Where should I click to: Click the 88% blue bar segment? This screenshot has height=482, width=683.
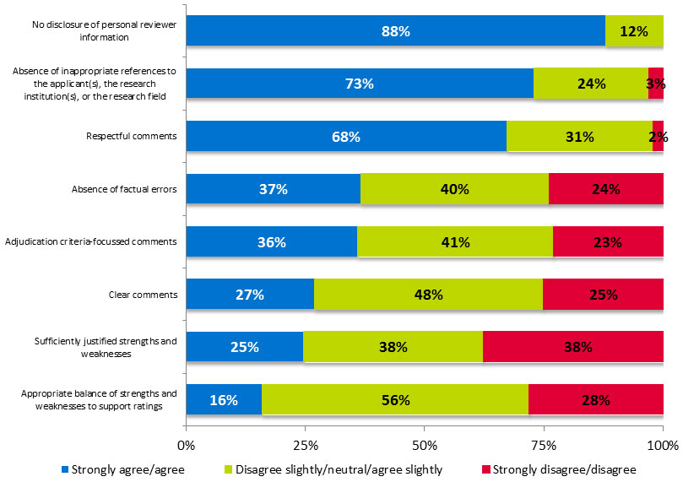[x=395, y=31]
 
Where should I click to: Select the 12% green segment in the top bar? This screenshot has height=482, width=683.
[x=634, y=31]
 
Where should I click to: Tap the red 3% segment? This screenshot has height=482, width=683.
[x=656, y=84]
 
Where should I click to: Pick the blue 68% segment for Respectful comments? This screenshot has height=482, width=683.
[x=345, y=136]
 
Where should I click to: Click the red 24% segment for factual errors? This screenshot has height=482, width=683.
[x=605, y=189]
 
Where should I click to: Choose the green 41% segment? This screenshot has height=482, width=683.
[x=455, y=241]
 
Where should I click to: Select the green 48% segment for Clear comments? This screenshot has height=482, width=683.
[x=428, y=295]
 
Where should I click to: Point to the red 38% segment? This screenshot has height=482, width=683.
[x=572, y=346]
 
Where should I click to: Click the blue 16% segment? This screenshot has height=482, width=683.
[x=224, y=399]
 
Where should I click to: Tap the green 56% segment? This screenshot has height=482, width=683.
[x=394, y=399]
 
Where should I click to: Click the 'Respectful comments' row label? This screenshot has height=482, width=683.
[x=131, y=136]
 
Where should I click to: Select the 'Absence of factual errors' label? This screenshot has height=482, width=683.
[x=126, y=189]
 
